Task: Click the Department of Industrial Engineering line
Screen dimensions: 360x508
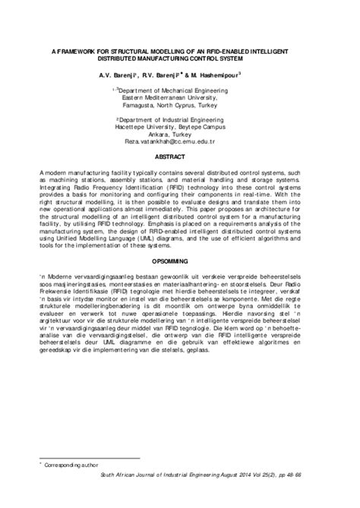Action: [182, 120]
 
